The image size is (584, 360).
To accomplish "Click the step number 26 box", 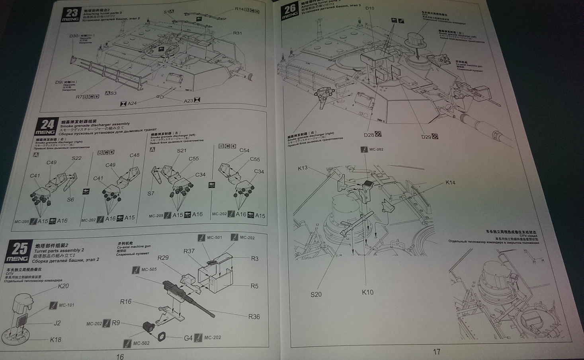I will tap(290, 11).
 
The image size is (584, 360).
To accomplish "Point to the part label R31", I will tap(237, 33).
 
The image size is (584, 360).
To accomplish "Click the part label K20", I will tap(63, 286).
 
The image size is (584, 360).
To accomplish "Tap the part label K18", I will tap(55, 339).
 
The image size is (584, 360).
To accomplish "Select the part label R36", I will tap(254, 317).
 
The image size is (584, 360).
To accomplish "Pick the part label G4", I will tap(188, 338).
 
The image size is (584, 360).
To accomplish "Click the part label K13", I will tap(303, 168).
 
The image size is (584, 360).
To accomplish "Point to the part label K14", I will tap(450, 183).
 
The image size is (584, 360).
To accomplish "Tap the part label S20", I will tap(316, 294).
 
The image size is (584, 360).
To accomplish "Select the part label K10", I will tap(367, 292).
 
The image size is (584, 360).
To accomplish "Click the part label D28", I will tap(369, 135).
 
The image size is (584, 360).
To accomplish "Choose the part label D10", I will tap(369, 8).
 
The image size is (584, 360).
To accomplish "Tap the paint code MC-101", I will tap(66, 305).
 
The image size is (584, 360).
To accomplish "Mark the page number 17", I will tap(436, 352).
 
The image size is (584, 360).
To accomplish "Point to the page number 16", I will tap(120, 356).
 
